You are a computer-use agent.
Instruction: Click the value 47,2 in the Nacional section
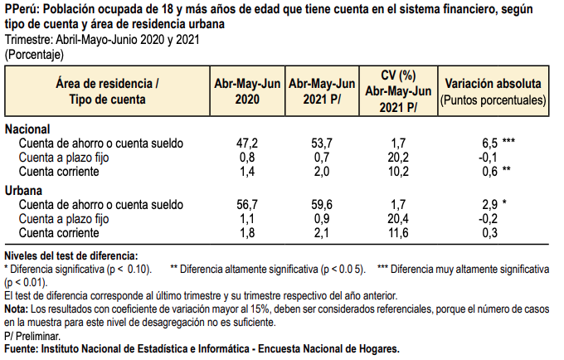248,144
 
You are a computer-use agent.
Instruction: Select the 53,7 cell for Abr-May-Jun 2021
319,144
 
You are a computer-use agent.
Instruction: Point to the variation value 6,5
489,144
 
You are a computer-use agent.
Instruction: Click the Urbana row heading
23,191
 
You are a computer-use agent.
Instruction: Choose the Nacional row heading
27,129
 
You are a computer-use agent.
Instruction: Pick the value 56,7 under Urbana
248,205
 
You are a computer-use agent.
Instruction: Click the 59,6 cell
319,205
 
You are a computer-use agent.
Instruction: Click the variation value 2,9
489,205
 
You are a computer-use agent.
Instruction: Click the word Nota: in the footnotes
17,309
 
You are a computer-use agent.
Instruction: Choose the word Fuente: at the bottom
22,349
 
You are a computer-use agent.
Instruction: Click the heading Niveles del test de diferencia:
71,255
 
